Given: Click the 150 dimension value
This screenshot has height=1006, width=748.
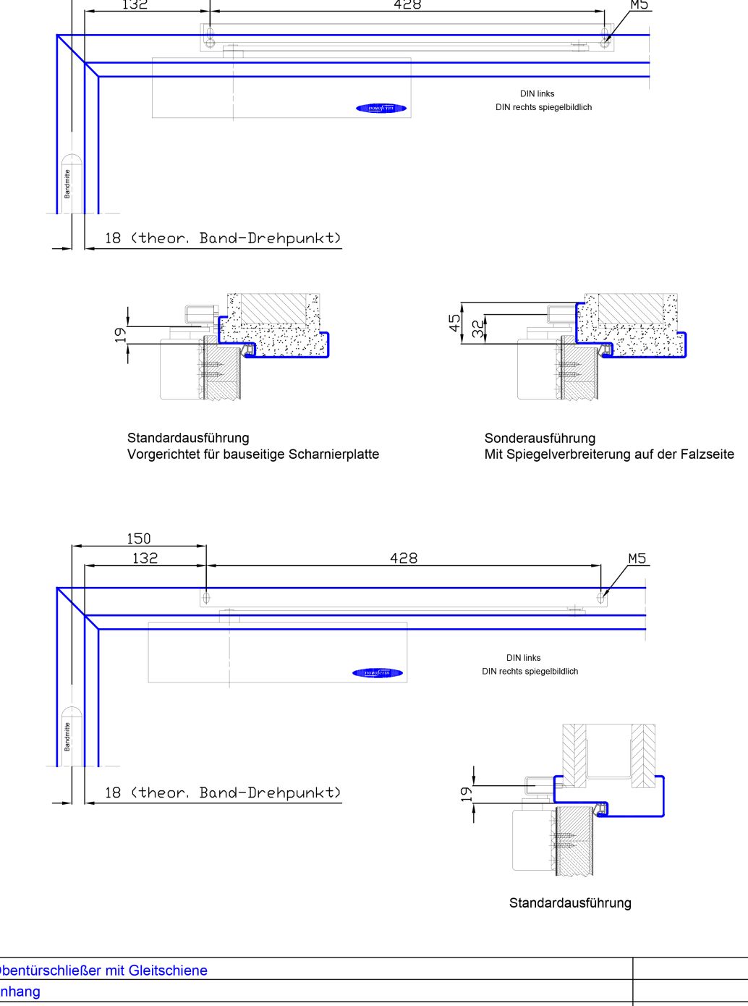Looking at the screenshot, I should tap(139, 538).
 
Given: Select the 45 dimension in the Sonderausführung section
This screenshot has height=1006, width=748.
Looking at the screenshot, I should tap(455, 323).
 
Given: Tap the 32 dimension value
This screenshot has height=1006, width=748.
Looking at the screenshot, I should tap(478, 329).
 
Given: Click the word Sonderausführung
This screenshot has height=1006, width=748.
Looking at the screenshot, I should tap(540, 438).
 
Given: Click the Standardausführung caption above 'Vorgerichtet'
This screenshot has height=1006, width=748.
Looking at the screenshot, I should tap(188, 438).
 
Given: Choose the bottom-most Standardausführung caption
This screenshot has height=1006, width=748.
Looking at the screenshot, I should tap(570, 903).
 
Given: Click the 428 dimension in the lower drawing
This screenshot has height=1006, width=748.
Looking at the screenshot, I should tap(404, 558).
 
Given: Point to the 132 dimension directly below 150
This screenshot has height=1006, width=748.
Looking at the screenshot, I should tap(145, 558).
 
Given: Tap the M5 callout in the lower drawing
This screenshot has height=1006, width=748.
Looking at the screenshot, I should tap(637, 558).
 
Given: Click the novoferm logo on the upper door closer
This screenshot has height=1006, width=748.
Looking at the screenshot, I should tap(381, 109).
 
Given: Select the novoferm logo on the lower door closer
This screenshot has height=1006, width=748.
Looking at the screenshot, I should tap(378, 673).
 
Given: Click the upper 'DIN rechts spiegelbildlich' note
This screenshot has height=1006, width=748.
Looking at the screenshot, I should tap(543, 107).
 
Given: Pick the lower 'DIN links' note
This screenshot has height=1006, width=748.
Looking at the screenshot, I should tap(524, 658).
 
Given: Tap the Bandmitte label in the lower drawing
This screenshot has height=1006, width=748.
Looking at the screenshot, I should tap(67, 737).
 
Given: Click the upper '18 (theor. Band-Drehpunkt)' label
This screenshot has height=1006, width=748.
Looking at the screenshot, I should tap(223, 238).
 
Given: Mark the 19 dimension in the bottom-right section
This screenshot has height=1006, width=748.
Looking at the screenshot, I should tap(467, 794).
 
